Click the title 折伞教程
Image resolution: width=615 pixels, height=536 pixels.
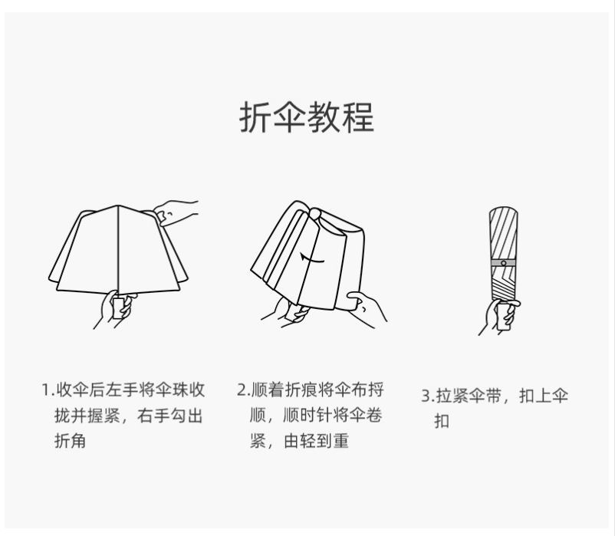[307, 117]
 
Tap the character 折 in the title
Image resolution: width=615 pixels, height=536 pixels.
[255, 117]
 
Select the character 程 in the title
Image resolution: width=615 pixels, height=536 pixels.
[358, 117]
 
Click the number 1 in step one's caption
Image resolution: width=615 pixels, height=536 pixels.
[45, 390]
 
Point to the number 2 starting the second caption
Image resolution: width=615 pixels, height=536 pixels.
[242, 390]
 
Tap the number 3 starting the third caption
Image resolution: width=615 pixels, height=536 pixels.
[426, 396]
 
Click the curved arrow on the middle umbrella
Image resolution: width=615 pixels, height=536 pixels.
[312, 258]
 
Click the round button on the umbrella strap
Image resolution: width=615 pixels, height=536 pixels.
[504, 263]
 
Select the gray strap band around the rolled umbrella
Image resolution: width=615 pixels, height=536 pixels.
[504, 263]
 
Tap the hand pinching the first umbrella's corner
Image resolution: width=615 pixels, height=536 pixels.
[175, 212]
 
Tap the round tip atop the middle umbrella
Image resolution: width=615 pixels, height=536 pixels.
[314, 214]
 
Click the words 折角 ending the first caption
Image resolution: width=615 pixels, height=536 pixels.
[71, 441]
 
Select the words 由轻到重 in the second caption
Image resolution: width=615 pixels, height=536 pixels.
[316, 441]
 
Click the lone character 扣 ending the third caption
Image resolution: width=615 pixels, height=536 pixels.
[442, 421]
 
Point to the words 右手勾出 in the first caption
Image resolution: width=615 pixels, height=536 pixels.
[169, 416]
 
